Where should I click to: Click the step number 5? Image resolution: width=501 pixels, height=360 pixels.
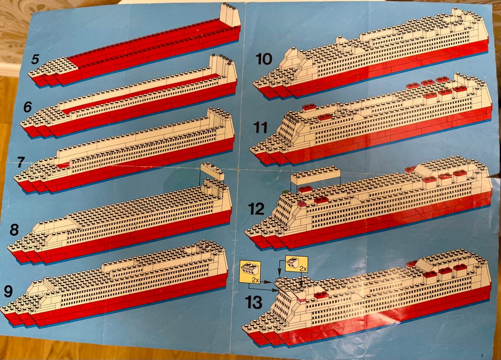(x=35, y=59)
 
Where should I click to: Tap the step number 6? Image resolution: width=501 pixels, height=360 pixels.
(x=28, y=106)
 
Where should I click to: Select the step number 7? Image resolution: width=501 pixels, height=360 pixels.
(x=20, y=162)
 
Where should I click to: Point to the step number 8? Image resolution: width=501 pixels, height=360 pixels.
(x=14, y=230)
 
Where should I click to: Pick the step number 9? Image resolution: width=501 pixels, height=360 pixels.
(x=8, y=291)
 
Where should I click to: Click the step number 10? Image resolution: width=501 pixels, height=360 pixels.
(x=264, y=59)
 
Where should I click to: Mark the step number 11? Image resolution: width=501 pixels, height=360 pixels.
(x=260, y=128)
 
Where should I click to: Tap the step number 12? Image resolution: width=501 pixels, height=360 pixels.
(x=257, y=209)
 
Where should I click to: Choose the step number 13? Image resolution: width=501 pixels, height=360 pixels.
(x=254, y=302)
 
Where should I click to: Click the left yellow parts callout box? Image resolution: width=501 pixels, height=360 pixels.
(x=250, y=272)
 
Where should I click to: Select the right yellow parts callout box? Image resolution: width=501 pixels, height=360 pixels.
(x=296, y=264)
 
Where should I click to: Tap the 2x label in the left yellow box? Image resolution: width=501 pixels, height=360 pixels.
(x=255, y=280)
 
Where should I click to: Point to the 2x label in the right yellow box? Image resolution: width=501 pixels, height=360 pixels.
(x=303, y=269)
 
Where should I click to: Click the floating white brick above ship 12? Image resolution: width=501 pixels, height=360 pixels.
(x=315, y=175)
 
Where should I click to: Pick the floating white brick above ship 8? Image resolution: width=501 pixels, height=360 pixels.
(x=212, y=171)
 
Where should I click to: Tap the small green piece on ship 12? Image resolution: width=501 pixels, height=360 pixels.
(x=285, y=191)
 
